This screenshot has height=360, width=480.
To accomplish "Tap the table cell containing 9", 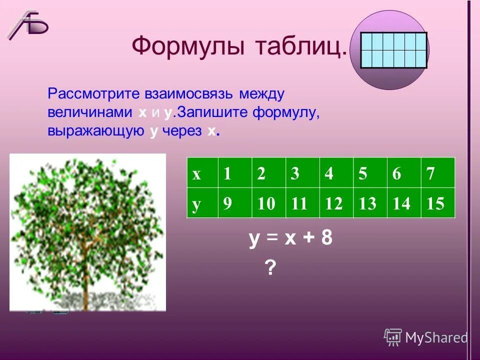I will (x=227, y=203).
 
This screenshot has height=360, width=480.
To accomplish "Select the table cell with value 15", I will (x=436, y=203).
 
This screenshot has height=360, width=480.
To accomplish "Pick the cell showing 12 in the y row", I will (x=335, y=203).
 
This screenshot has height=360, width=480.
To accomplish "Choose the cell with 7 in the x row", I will (x=436, y=174).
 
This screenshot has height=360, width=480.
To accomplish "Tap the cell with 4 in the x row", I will (x=335, y=174).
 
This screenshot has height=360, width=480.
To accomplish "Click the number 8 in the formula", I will (x=326, y=239).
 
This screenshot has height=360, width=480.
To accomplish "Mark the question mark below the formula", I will (x=270, y=269).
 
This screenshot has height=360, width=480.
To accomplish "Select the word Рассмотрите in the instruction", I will (x=91, y=93).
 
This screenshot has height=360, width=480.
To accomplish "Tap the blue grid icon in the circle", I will (x=394, y=50).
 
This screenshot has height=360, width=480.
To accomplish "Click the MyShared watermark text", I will (x=435, y=338).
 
